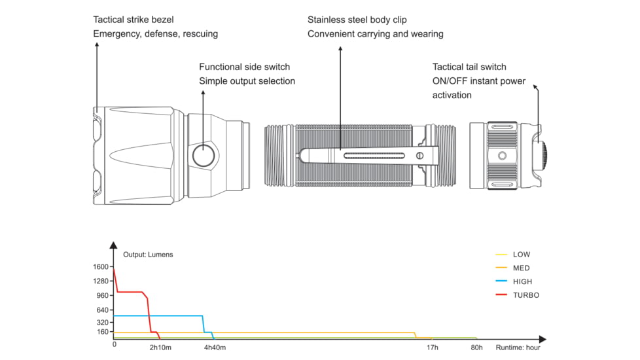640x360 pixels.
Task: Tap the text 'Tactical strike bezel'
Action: [133, 20]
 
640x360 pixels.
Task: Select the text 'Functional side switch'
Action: [244, 67]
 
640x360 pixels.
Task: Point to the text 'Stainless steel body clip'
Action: [357, 20]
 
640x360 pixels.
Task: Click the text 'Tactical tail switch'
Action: [469, 67]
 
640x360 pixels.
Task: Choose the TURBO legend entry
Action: [525, 295]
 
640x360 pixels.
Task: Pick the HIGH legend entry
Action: [522, 281]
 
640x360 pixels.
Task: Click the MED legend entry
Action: [521, 268]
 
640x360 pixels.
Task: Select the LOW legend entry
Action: [522, 254]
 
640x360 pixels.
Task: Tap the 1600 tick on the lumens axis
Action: [101, 267]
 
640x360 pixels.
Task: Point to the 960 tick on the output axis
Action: [103, 296]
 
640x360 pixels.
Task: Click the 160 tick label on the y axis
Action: [103, 332]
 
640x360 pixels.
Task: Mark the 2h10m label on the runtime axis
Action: [161, 348]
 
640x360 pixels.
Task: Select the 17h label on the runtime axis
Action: [433, 348]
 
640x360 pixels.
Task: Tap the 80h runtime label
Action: [476, 348]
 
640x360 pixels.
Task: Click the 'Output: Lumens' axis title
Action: [148, 255]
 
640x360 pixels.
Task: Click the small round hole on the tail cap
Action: [502, 156]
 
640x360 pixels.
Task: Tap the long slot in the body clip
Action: [373, 156]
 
